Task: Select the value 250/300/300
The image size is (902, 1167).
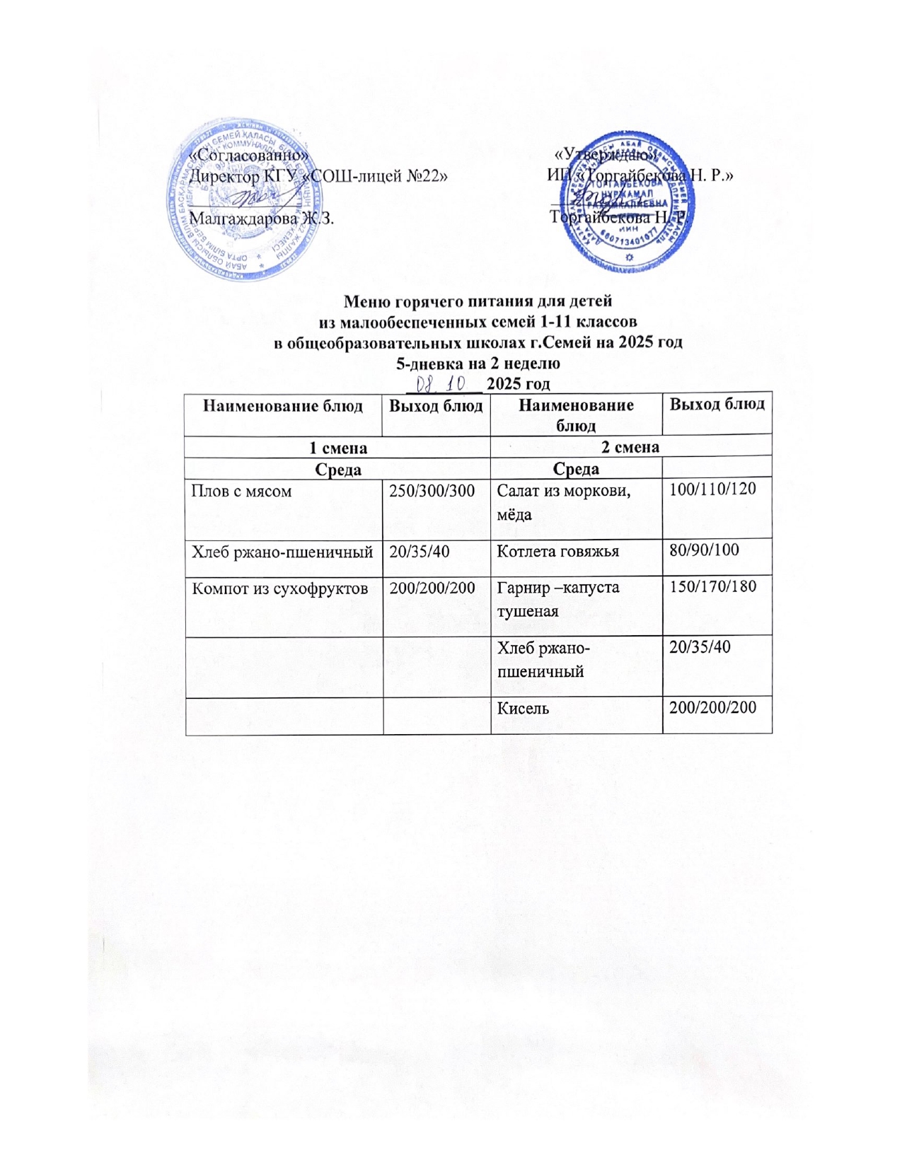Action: click(432, 491)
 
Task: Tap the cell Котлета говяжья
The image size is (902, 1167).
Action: click(558, 550)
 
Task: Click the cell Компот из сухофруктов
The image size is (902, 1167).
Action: click(279, 588)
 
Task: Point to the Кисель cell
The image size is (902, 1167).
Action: click(524, 707)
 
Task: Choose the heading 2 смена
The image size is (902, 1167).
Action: click(630, 447)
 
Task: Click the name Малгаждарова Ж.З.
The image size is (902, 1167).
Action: click(262, 218)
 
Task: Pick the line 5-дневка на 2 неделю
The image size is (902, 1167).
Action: click(478, 364)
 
